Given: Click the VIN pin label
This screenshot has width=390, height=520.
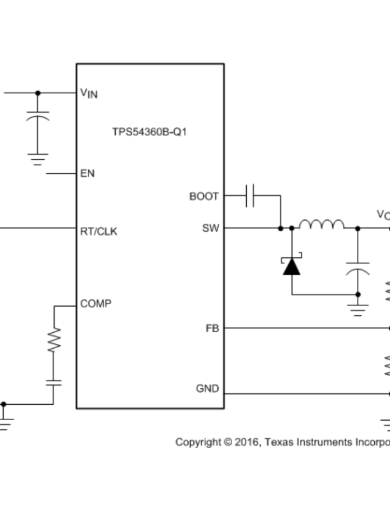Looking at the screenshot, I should [x=89, y=93].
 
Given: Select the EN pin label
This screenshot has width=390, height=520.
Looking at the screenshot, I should [x=88, y=174].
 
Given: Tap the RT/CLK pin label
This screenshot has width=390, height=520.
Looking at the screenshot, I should [x=99, y=232].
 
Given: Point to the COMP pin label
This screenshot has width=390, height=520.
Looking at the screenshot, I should [x=96, y=304].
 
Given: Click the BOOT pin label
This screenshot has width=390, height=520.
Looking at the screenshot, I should [x=204, y=196].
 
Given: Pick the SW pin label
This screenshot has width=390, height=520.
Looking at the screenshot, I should [x=210, y=229].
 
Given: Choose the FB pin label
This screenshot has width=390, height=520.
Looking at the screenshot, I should [x=212, y=329].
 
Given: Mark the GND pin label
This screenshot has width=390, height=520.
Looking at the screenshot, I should [x=207, y=388].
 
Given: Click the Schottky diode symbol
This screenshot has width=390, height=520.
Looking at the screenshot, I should [x=292, y=266].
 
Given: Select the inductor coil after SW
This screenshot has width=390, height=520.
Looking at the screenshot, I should [x=321, y=225].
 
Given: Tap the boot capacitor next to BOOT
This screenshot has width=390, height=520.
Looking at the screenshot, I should [x=250, y=196].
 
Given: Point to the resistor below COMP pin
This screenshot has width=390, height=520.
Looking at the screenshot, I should [x=54, y=340].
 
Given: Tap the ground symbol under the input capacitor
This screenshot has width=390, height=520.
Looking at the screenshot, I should [x=38, y=160].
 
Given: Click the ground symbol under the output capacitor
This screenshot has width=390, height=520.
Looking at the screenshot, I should [x=358, y=310].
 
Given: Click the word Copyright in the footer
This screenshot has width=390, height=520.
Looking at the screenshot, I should [x=197, y=442].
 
